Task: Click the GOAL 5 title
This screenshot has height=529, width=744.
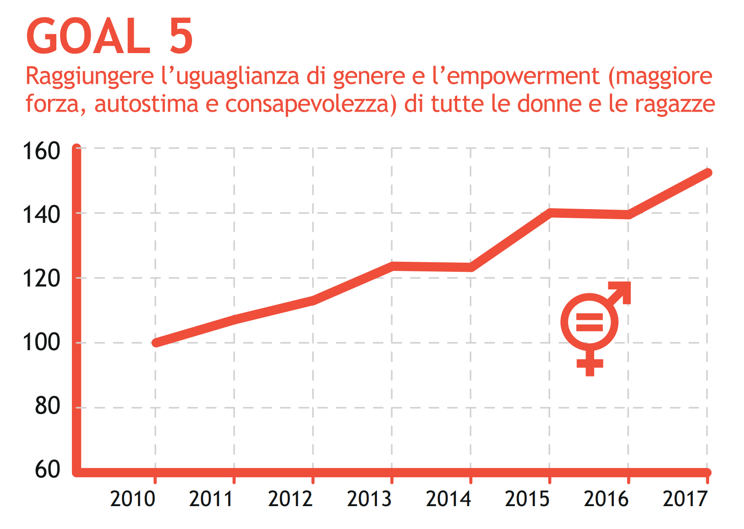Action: click(110, 37)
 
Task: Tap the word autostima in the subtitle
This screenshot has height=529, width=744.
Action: click(146, 104)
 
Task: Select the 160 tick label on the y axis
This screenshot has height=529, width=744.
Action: click(41, 151)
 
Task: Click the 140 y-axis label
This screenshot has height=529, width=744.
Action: click(41, 214)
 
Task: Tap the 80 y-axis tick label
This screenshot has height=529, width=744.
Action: click(47, 405)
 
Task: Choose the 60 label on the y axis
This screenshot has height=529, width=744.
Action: click(47, 469)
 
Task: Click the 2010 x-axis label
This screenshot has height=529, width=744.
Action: click(133, 499)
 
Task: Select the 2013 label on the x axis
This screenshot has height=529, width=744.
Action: click(369, 499)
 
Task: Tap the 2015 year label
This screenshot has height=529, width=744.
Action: click(527, 499)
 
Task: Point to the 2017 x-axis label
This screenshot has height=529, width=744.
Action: click(685, 499)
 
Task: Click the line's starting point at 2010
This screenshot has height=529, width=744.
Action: click(156, 342)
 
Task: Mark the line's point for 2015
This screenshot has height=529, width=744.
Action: click(550, 213)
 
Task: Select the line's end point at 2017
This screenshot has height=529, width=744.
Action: click(707, 173)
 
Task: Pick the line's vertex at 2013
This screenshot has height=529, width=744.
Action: click(392, 266)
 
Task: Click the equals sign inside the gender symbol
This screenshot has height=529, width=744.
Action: click(589, 322)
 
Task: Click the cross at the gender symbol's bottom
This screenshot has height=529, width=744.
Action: click(590, 364)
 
